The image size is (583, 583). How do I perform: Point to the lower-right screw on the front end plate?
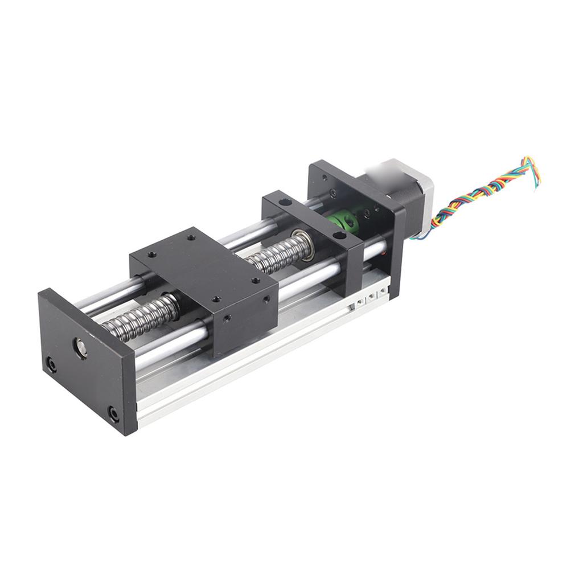114,414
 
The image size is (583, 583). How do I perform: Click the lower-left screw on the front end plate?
51,364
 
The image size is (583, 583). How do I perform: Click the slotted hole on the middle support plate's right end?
339,234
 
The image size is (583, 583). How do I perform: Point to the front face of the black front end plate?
85,364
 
